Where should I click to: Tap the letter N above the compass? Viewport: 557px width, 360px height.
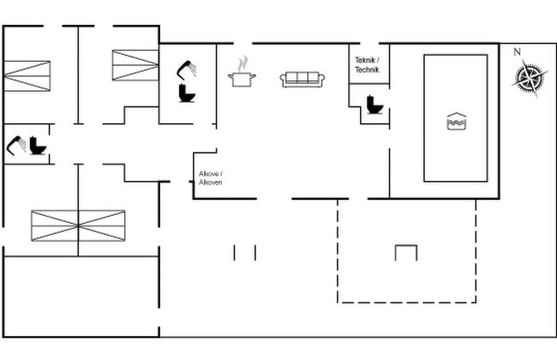pos(517,52)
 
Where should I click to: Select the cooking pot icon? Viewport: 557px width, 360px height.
pos(242,79)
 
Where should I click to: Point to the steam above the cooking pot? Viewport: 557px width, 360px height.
pos(243,63)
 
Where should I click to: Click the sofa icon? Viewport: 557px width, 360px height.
pos(302,79)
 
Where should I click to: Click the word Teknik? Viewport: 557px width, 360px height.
pos(365,60)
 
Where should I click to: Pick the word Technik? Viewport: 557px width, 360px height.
pos(367,69)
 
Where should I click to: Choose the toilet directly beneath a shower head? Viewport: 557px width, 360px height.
pos(187,93)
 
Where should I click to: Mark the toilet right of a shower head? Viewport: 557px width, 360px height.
pos(37,145)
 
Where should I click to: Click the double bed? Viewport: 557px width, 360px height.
pos(78,225)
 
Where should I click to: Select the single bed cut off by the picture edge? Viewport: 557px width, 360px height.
pos(26,74)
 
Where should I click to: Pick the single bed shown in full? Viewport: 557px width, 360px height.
pos(135,65)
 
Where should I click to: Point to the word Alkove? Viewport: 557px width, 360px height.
pos(210,174)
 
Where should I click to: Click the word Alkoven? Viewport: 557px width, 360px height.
pos(211,183)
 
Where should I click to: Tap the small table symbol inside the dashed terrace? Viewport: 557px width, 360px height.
pos(405,252)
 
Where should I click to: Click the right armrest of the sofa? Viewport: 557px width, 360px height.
pos(320,80)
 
